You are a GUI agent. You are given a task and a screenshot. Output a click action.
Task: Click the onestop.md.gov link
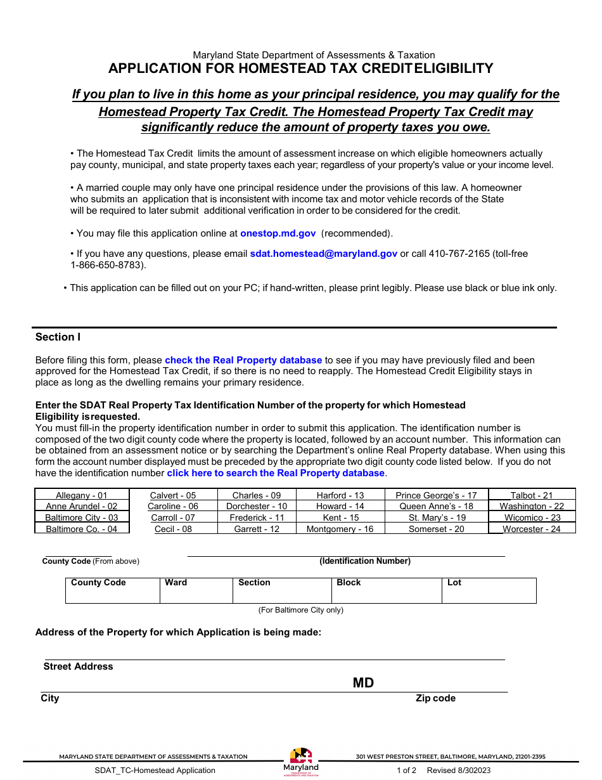tap(278, 233)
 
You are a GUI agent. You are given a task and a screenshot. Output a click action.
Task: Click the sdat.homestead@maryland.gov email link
tap(323, 254)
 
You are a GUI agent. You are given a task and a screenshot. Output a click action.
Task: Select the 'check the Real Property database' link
tap(243, 360)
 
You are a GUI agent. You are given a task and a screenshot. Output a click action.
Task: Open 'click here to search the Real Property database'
tap(276, 473)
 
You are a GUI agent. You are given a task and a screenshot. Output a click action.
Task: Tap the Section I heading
tap(58, 337)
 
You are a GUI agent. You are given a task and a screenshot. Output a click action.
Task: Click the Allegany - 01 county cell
tap(82, 495)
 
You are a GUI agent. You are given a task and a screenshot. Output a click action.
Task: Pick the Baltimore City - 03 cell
tap(82, 517)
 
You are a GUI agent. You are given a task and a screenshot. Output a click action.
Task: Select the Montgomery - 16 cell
tap(340, 529)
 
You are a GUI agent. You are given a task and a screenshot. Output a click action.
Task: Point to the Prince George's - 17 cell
tap(436, 495)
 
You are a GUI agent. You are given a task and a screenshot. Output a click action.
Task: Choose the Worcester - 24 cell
tap(532, 529)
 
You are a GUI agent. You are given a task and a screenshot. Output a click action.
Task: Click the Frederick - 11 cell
tap(257, 517)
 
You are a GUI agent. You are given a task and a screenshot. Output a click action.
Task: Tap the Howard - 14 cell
tap(340, 507)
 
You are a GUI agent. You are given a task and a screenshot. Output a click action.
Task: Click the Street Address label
tap(78, 666)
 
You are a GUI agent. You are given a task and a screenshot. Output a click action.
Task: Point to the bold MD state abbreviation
tap(363, 683)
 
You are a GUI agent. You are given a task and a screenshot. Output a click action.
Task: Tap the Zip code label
tap(435, 698)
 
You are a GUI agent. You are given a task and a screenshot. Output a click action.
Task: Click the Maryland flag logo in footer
tap(301, 757)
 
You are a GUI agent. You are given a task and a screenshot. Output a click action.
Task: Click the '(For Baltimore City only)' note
tap(300, 610)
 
